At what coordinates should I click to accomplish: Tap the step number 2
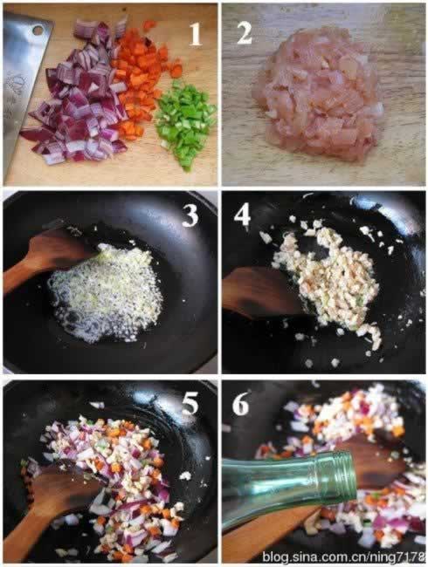pyautogui.click(x=245, y=33)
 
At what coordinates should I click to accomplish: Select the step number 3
pyautogui.click(x=190, y=215)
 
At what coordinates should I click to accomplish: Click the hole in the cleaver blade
pyautogui.click(x=38, y=30)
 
